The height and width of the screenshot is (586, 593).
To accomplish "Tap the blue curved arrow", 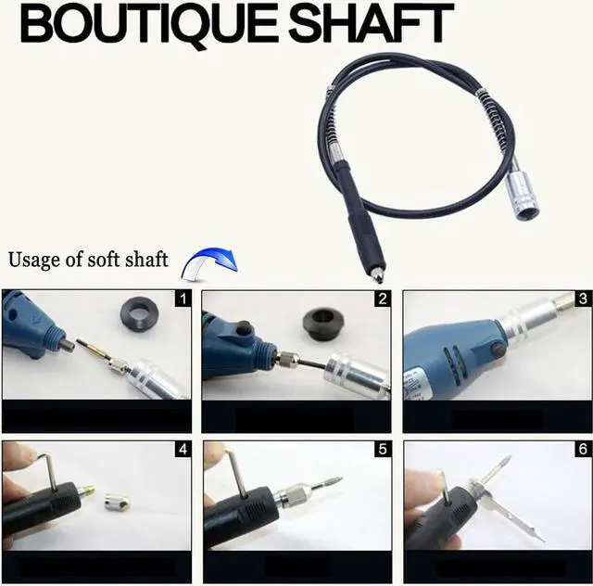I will click(x=209, y=263).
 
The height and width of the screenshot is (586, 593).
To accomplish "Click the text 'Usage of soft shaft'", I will click(x=88, y=259).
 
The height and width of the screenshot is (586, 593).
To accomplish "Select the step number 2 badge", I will click(x=382, y=299).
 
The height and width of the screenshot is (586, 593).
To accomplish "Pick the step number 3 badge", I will click(x=582, y=299).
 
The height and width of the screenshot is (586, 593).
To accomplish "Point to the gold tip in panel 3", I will click(x=564, y=302).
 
